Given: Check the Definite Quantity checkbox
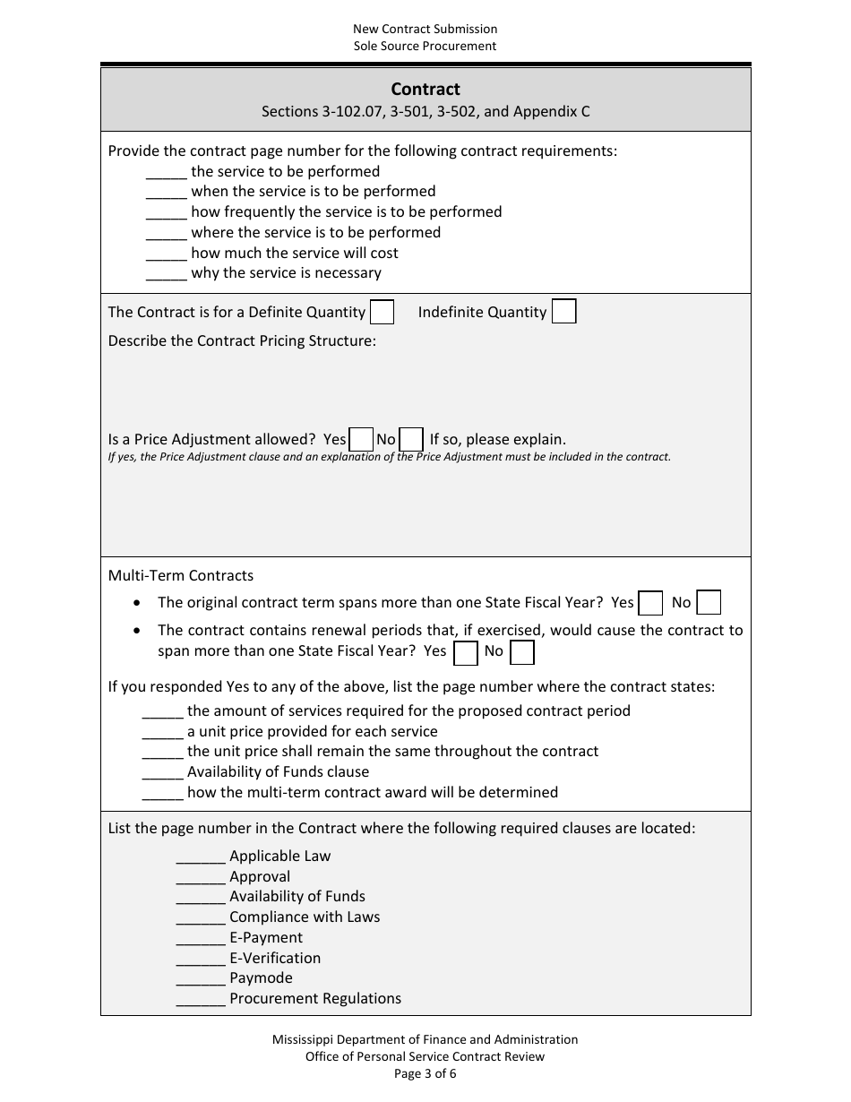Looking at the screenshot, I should [383, 312].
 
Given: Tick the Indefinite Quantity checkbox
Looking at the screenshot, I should [564, 312].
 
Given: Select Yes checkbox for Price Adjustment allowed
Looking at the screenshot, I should [362, 440].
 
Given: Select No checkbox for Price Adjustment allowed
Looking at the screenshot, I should [411, 440].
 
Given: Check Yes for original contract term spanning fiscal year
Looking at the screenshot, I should [651, 603].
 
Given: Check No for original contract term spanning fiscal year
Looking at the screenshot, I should [709, 603].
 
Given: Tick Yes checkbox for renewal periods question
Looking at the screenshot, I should [466, 652].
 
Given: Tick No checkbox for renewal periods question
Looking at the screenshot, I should [522, 652].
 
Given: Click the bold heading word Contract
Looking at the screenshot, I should [425, 90].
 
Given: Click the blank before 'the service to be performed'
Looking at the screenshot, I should [166, 172].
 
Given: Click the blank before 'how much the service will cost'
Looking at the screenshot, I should [166, 254].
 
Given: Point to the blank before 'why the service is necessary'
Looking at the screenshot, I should [166, 273].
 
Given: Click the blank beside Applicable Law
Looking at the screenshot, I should [201, 857].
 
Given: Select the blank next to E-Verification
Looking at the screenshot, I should [201, 959].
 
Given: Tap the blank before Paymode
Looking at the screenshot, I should [201, 978].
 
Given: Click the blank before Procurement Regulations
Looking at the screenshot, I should [201, 999].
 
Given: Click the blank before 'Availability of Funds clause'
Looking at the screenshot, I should [163, 772].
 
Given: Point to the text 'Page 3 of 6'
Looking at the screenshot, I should [425, 1073].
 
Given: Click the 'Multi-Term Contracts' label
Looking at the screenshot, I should [181, 576].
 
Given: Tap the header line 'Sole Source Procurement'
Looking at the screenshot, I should [425, 46].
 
